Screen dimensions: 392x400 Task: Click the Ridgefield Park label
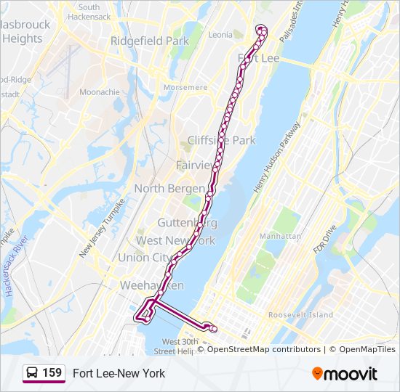pos(150,41)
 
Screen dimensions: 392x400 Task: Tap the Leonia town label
pos(220,34)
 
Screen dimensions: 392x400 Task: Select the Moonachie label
pos(100,92)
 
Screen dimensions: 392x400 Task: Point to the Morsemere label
pos(185,87)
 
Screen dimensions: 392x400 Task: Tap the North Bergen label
pos(169,189)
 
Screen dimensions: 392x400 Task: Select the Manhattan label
pos(280,237)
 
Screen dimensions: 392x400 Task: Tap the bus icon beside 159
pos(32,373)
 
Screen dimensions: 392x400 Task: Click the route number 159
pos(52,373)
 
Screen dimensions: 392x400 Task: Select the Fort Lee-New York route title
pos(119,373)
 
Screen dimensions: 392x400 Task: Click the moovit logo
pos(345,374)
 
